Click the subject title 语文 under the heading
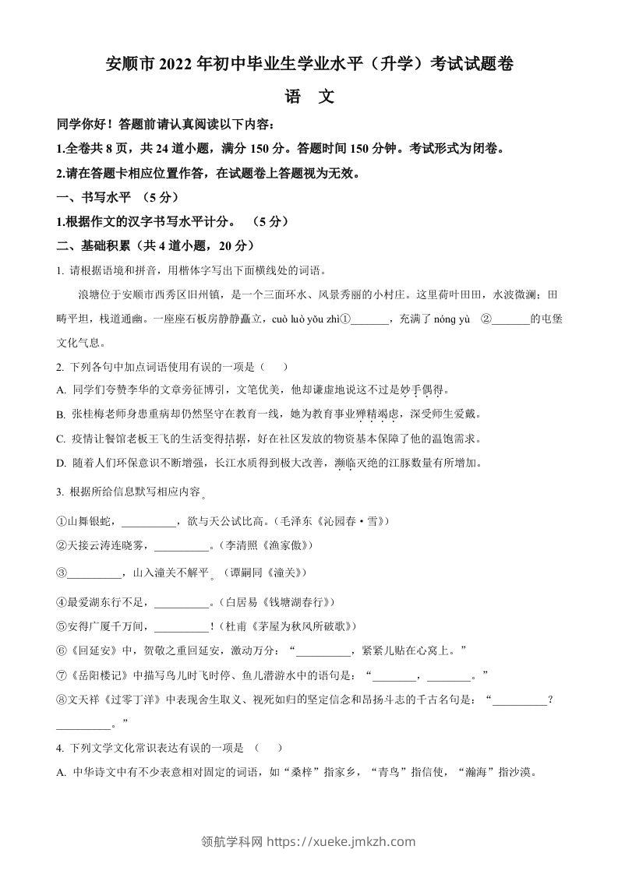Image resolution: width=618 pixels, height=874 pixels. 309,97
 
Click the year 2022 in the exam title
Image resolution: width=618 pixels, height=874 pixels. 178,65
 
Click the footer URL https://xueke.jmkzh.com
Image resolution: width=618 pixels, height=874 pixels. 341,841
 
